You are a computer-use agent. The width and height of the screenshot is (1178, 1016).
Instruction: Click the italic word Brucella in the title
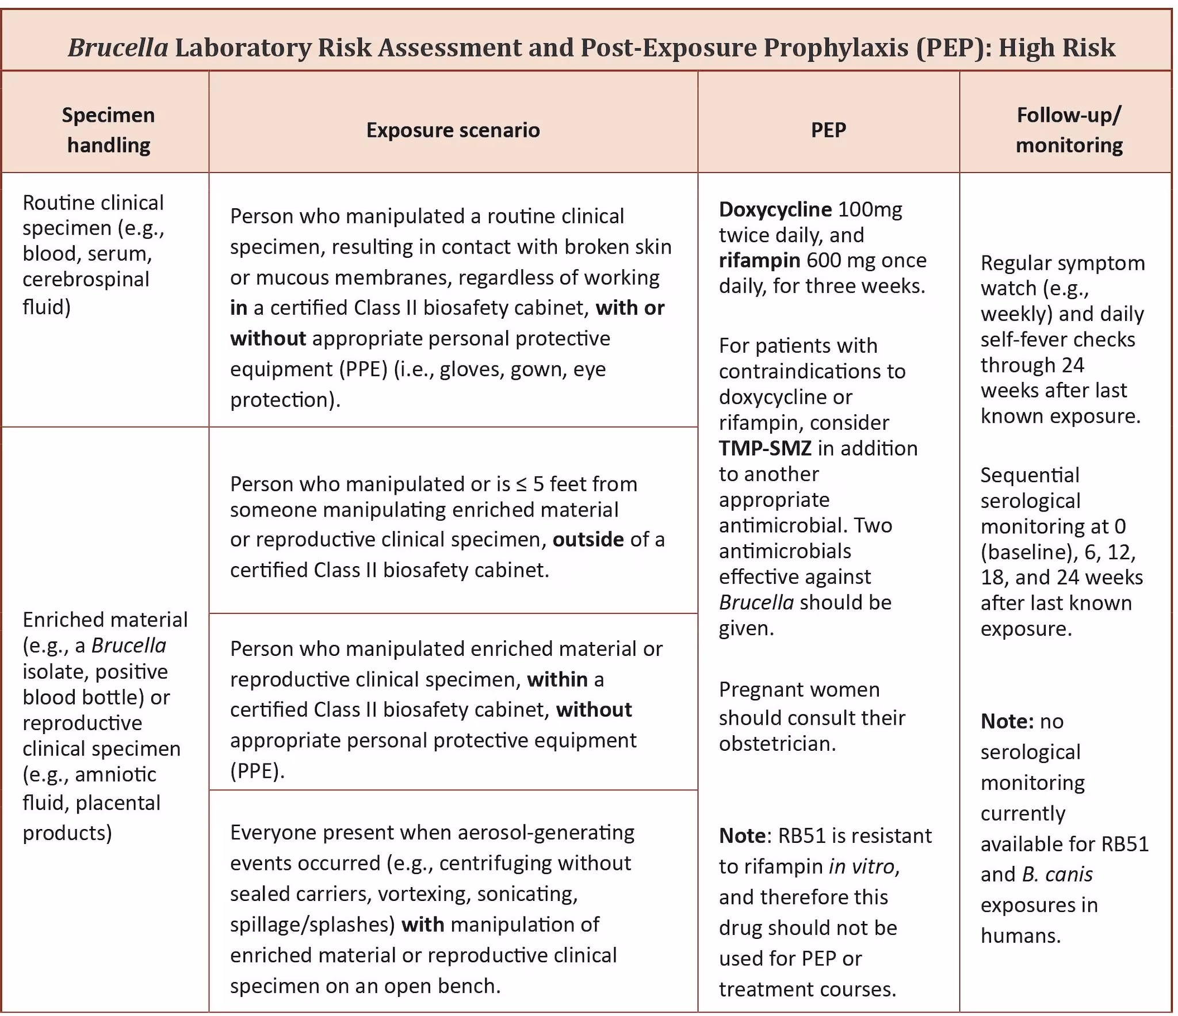(118, 47)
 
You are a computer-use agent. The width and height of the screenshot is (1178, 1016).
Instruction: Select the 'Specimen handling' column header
(108, 130)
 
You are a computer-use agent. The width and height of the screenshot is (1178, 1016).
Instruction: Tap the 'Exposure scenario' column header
(453, 130)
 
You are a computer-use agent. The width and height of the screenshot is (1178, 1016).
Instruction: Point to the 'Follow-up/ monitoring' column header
(1069, 130)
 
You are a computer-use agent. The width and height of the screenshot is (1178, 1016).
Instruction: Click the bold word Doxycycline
(775, 209)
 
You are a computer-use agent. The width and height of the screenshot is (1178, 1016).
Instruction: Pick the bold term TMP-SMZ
(765, 448)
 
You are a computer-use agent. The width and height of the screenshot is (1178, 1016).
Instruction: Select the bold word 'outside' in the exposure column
(588, 540)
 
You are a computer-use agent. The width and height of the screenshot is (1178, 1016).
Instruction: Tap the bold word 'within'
(557, 679)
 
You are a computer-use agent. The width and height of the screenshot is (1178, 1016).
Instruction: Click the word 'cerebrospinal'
(86, 280)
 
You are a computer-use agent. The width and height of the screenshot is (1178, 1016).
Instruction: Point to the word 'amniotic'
(115, 774)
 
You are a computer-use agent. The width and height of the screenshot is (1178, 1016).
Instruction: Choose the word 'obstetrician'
(777, 744)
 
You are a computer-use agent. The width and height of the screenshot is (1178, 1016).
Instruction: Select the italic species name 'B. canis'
(1057, 874)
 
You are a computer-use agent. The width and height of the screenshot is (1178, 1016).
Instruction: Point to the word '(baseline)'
(1029, 552)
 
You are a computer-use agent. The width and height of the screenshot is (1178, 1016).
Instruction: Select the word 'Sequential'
(1030, 475)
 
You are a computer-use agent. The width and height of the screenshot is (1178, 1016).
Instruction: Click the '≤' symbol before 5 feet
(521, 484)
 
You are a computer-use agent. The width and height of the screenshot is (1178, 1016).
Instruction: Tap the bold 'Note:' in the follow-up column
(1007, 721)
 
